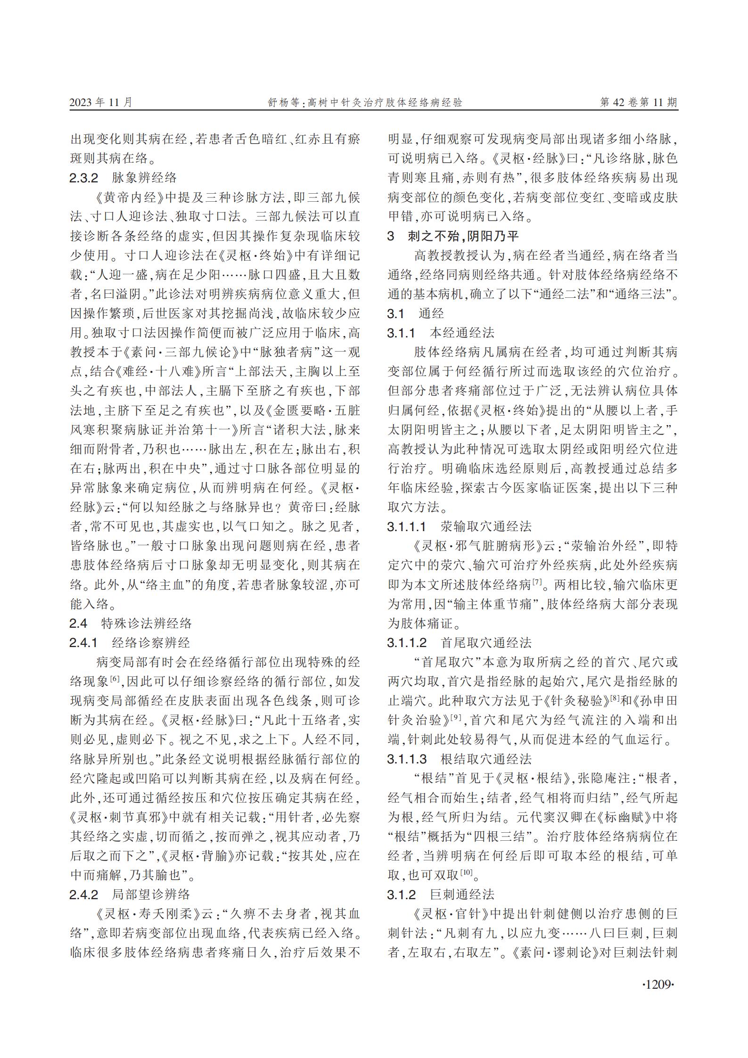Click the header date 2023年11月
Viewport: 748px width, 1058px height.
(x=101, y=102)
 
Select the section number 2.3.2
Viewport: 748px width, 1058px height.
(x=84, y=178)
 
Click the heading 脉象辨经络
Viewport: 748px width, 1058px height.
(x=144, y=178)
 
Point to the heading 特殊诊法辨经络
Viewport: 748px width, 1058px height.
(x=147, y=623)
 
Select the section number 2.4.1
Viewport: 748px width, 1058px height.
(x=84, y=642)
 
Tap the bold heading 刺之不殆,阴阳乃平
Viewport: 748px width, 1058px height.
(x=463, y=236)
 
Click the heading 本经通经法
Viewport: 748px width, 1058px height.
(x=462, y=333)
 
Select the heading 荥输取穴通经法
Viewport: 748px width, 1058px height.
(x=486, y=526)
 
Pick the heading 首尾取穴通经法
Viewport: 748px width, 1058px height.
(x=486, y=642)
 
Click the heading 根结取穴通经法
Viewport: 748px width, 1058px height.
(x=486, y=759)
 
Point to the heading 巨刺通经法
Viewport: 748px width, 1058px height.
(x=462, y=894)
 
